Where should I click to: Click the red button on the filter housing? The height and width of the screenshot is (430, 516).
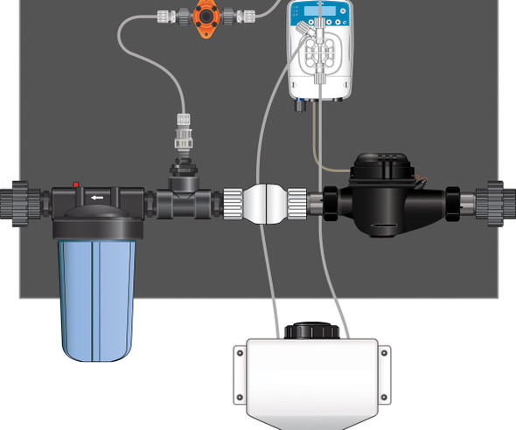76,185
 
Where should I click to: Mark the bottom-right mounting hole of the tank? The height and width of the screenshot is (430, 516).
382,398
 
